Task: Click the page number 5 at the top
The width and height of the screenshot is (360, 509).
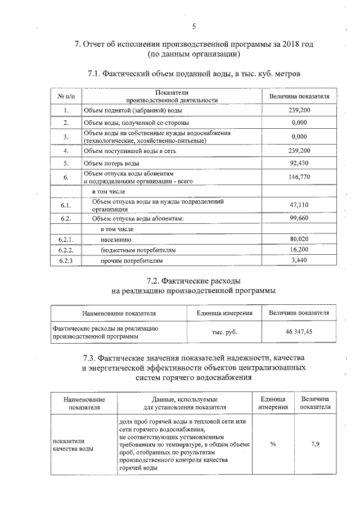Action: point(194,26)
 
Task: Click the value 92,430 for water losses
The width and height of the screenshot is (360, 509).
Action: point(299,163)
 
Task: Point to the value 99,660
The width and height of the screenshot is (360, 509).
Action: point(299,218)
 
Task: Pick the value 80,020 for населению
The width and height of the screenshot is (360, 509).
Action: point(299,239)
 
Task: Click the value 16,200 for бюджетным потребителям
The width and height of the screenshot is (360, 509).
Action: point(299,249)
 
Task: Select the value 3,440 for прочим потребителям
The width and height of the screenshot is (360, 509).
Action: point(299,260)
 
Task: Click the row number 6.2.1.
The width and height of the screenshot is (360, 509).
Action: point(66,239)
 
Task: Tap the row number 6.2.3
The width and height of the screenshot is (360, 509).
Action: point(66,260)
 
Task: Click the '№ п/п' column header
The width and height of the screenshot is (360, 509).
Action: point(66,96)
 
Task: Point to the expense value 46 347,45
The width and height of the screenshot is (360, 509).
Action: point(299,332)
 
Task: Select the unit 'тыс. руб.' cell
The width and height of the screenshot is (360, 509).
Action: point(224,332)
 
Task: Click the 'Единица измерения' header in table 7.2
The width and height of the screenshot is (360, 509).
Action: point(224,313)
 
